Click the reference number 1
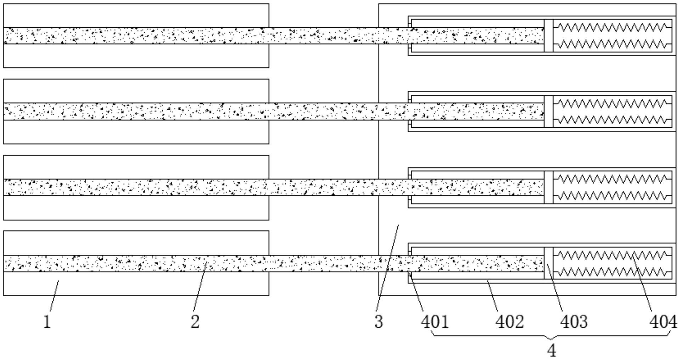click(47, 322)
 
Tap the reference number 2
click(195, 322)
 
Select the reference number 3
click(379, 322)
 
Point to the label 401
click(435, 322)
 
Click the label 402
click(509, 322)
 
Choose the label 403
click(574, 322)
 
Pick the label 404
click(663, 322)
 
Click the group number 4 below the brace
click(552, 350)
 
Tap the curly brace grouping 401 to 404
click(552, 336)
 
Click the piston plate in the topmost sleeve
click(548, 35)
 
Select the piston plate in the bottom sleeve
click(548, 263)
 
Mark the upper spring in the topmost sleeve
click(612, 27)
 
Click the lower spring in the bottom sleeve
click(612, 272)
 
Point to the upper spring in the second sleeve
click(612, 103)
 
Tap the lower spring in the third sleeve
click(612, 196)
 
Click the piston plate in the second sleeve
click(548, 111)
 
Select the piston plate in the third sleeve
click(548, 187)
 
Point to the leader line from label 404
click(642, 284)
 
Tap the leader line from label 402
click(493, 292)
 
